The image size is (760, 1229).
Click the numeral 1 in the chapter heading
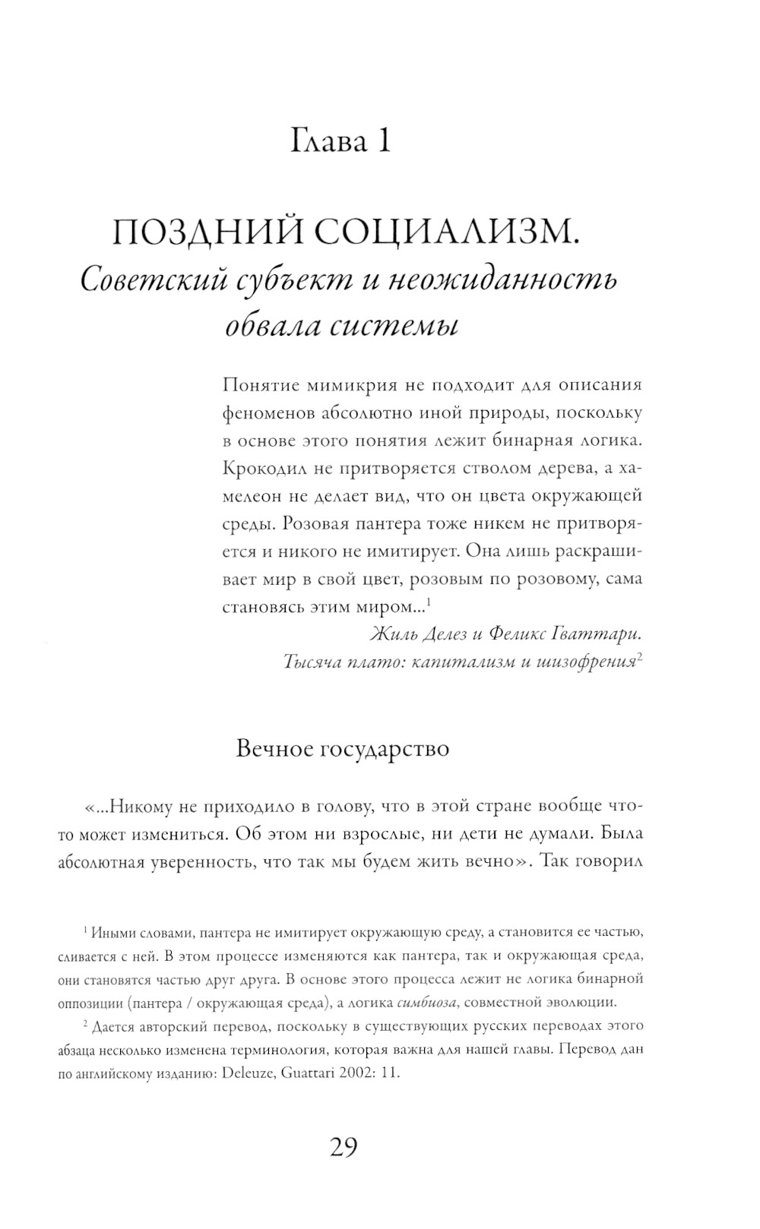pyautogui.click(x=381, y=141)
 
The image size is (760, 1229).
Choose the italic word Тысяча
pyautogui.click(x=309, y=662)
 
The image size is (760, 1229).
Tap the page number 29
pyautogui.click(x=344, y=1148)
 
